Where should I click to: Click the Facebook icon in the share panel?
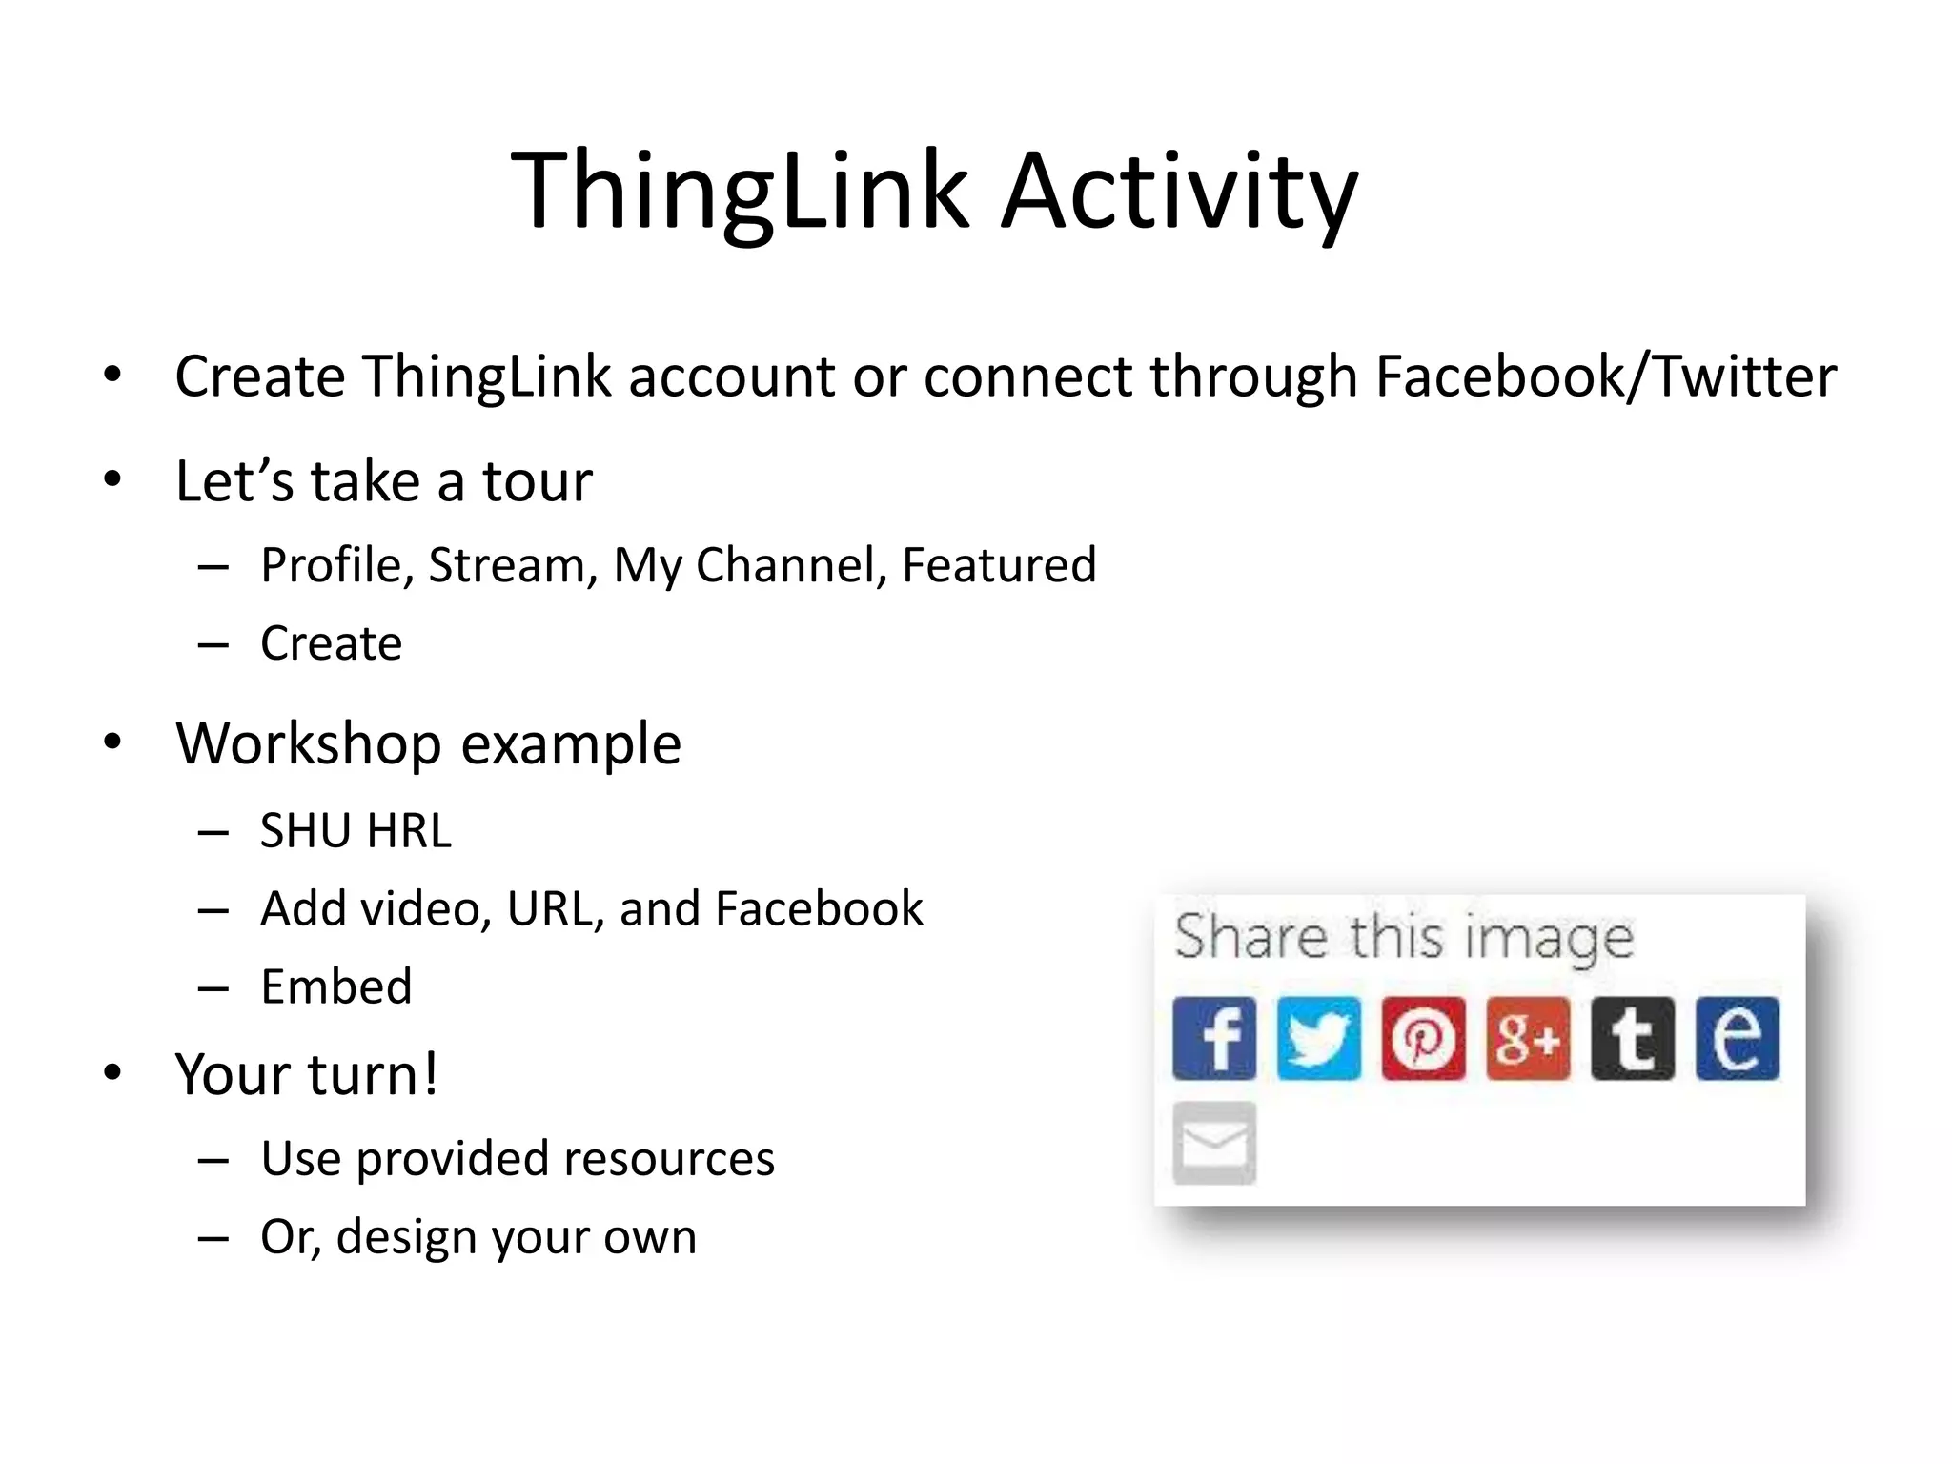(x=1213, y=1038)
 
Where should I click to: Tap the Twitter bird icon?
(x=1318, y=1038)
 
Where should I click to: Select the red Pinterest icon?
(x=1423, y=1038)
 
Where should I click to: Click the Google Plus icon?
(x=1528, y=1038)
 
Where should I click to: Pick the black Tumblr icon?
(x=1632, y=1038)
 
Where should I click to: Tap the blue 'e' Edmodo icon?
(x=1737, y=1038)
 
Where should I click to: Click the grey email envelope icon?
(x=1213, y=1143)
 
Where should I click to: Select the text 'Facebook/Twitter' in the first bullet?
(x=1605, y=376)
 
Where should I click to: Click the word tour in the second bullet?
(x=537, y=480)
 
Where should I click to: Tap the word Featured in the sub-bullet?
(x=999, y=564)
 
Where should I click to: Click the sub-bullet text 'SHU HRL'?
(x=356, y=830)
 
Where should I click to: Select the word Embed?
(x=336, y=986)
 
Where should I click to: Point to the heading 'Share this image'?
(x=1403, y=937)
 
